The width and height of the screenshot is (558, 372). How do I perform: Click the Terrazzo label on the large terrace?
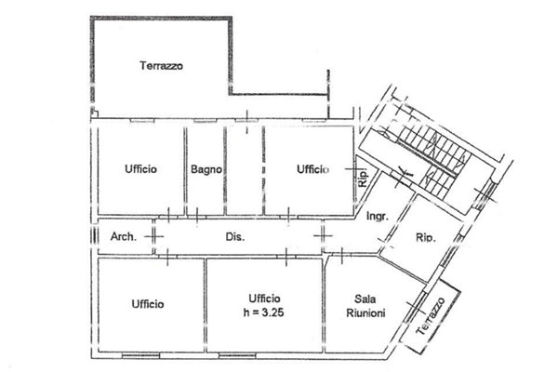click(161, 67)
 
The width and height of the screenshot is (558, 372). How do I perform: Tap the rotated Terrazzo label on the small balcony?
click(431, 316)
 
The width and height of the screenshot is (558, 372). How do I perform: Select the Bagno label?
click(206, 169)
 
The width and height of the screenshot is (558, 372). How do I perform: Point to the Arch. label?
click(124, 236)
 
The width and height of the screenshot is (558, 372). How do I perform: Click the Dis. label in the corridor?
click(235, 236)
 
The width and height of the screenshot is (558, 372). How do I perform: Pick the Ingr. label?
click(377, 218)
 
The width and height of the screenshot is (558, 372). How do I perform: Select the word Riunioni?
click(365, 313)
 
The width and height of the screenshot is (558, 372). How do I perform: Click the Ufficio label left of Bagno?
click(140, 169)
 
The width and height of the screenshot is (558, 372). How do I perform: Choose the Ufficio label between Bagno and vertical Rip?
click(312, 169)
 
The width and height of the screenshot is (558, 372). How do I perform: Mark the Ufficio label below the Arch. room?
click(148, 303)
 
